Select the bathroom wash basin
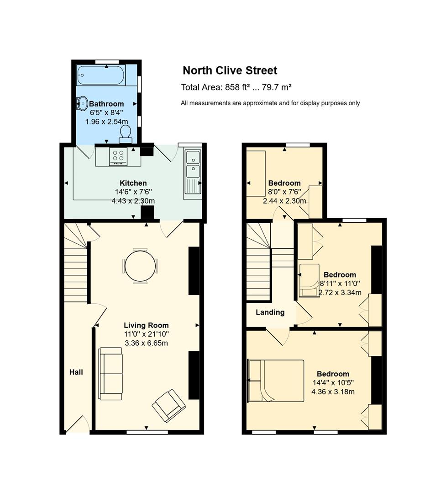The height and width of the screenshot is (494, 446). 83,103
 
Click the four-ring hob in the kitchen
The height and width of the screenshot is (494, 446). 118,156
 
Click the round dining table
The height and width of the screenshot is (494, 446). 140,266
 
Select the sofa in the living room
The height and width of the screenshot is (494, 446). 110,374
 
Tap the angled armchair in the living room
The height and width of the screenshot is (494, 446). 168,405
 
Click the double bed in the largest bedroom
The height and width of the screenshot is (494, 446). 276,381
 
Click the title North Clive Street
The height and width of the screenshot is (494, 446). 230,70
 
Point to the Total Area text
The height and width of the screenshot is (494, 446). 236,87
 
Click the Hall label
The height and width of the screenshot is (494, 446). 76,372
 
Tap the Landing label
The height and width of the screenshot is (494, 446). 270,312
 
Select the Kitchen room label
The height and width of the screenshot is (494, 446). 133,183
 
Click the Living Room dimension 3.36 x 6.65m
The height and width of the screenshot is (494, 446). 146,343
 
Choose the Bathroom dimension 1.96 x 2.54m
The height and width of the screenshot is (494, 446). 107,122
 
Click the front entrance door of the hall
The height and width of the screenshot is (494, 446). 78,424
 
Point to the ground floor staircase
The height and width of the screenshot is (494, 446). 76,263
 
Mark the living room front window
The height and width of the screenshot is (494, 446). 147,432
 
